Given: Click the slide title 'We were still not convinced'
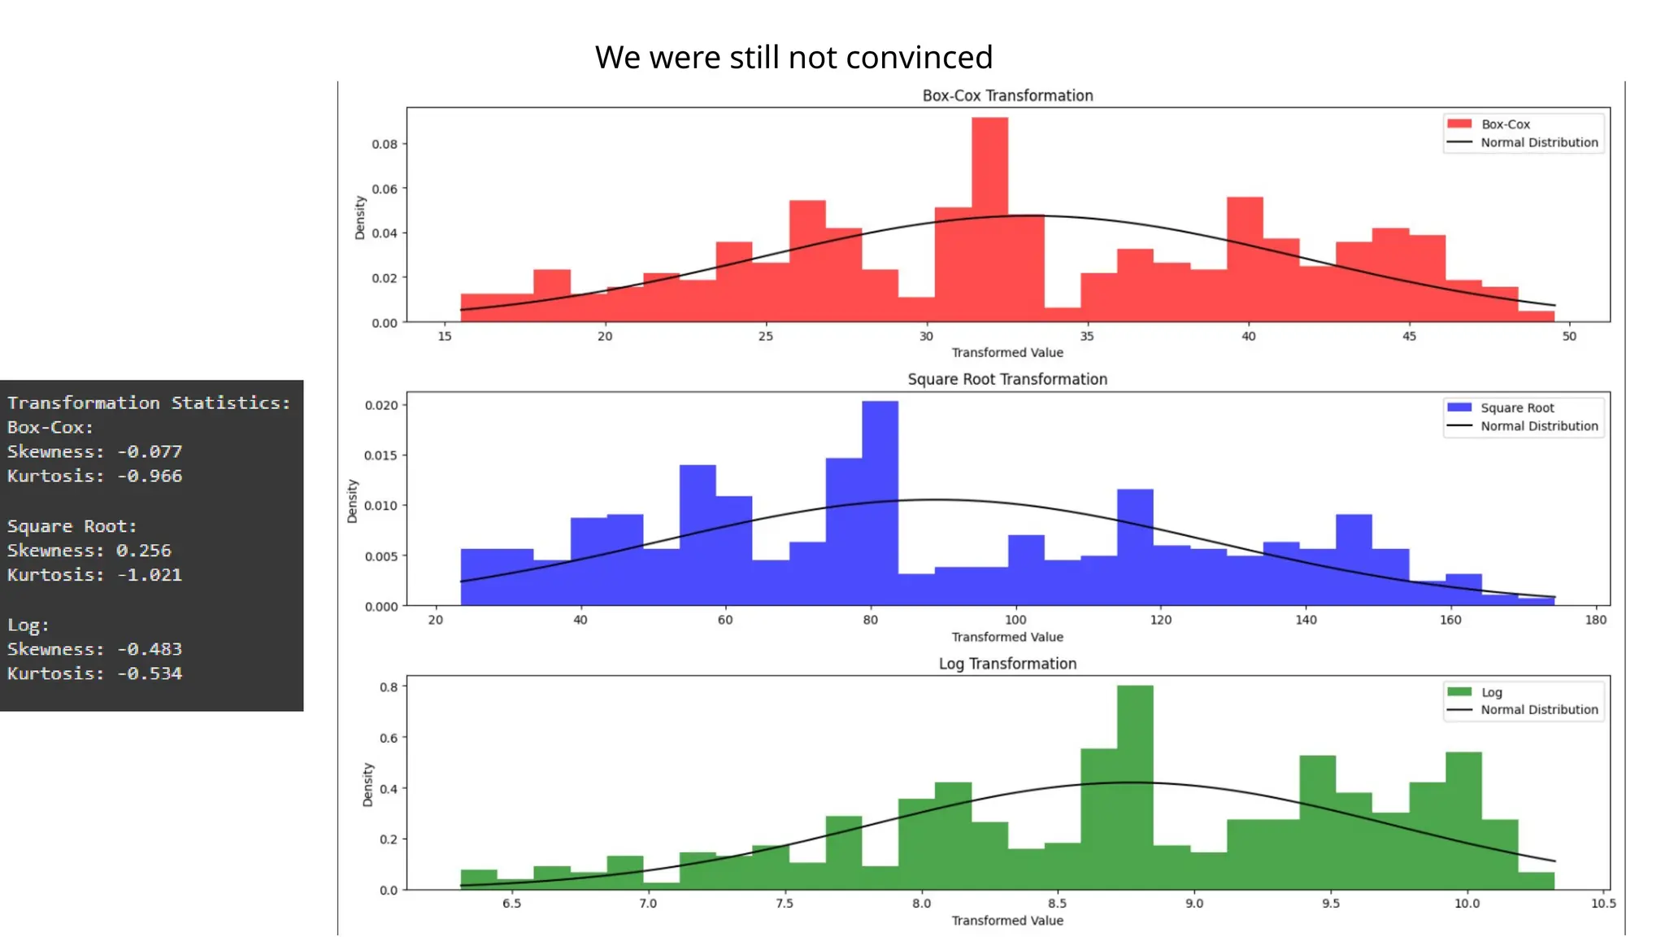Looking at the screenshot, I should pos(793,58).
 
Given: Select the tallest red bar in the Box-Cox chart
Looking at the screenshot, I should pos(989,220).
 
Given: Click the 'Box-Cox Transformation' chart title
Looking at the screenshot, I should pos(1007,96).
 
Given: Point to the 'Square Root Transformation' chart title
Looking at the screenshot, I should pos(1007,380).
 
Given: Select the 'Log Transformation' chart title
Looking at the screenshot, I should pos(1007,664).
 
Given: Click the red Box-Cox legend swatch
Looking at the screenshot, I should pos(1459,124).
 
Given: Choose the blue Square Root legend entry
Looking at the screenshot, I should pos(1516,408).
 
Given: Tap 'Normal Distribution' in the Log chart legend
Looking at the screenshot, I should pos(1538,710).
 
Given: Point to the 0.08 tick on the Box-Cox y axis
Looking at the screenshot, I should pos(385,145).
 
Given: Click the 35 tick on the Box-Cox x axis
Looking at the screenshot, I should pos(1087,337).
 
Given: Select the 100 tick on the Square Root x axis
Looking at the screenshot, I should pos(1015,621).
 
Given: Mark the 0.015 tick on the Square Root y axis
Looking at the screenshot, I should pos(380,455).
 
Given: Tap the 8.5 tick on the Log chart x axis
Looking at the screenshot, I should pos(1057,904).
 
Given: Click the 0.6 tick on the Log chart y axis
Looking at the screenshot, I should pos(389,739).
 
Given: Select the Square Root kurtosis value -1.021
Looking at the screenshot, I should pos(150,575).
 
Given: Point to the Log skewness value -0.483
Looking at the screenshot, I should pos(150,650).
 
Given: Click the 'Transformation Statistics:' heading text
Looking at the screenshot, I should pos(149,403).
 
